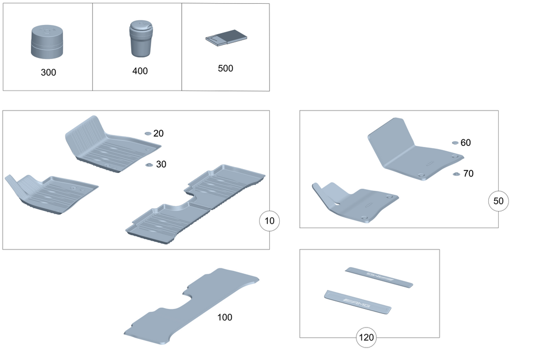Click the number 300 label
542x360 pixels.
coord(48,72)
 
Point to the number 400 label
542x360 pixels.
coord(139,71)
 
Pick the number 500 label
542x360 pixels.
coord(225,69)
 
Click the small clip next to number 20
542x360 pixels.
coord(148,133)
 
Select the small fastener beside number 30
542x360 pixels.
coord(149,164)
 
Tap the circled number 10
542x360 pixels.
coord(270,221)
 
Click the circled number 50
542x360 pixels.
coord(499,201)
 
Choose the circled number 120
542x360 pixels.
coord(366,338)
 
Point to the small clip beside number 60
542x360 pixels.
coord(455,143)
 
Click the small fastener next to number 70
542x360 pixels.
coord(456,174)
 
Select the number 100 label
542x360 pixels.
coord(224,317)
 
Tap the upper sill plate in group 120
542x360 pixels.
coord(379,277)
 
